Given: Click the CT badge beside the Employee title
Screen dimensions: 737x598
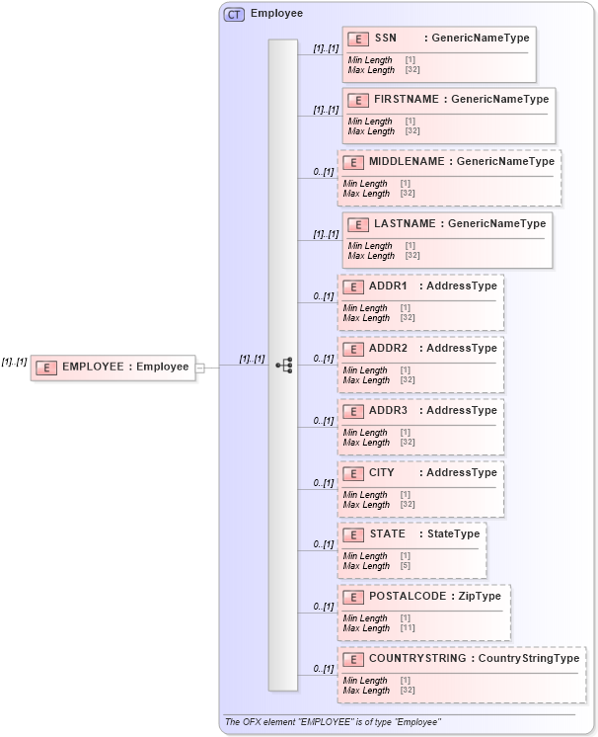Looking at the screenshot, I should (x=234, y=14).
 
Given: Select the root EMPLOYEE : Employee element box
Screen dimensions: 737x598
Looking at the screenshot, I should (x=112, y=367).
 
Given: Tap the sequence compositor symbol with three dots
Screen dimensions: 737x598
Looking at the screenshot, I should (x=283, y=366).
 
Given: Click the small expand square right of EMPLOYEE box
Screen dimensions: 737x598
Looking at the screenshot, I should (x=199, y=368).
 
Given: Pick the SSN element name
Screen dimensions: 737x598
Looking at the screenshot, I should (x=385, y=39).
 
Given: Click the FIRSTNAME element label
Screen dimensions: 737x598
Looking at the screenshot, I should (x=407, y=100).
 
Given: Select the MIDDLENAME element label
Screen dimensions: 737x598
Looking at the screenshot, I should (x=406, y=161).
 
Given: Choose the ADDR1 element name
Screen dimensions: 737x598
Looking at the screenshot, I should (x=388, y=286).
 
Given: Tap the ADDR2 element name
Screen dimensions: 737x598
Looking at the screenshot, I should (x=388, y=348).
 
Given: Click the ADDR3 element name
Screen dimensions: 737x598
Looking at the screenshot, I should (x=388, y=410).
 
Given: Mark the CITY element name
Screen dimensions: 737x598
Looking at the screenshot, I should (x=382, y=472).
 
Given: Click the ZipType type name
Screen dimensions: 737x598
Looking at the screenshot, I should (x=481, y=596).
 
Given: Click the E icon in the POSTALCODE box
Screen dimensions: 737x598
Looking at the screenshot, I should (x=352, y=597).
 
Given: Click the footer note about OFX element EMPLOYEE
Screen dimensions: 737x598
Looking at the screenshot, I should (x=333, y=722).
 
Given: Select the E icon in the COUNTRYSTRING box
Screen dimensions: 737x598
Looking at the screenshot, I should (x=352, y=659).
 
